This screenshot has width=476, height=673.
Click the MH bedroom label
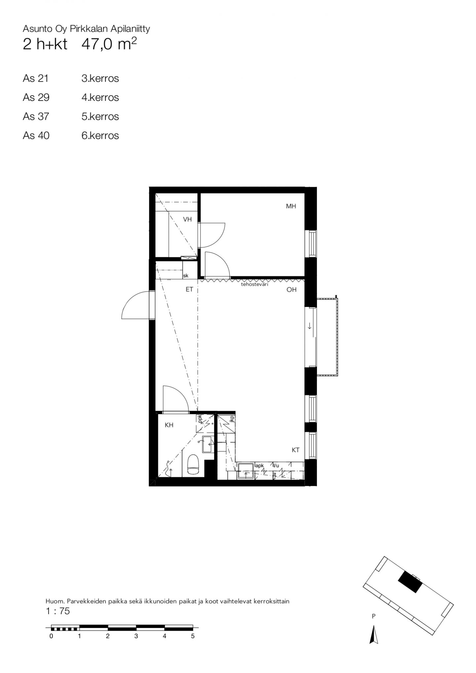coord(291,206)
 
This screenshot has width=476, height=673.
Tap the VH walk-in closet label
coord(187,219)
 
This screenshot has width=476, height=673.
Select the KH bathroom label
coord(169,425)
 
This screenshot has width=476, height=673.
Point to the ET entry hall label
coord(189,289)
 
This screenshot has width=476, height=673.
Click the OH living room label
coord(292,290)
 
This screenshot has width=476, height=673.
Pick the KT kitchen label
coord(296,450)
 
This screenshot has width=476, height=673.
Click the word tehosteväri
coord(254,284)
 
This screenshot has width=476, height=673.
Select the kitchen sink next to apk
coord(246,471)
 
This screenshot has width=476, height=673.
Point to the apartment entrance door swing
coord(136,305)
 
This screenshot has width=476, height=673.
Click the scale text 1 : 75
coord(58,611)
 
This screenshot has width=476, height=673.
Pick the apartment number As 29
coord(36,98)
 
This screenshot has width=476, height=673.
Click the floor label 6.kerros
coord(100,136)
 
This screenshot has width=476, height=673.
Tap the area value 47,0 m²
coord(109,44)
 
